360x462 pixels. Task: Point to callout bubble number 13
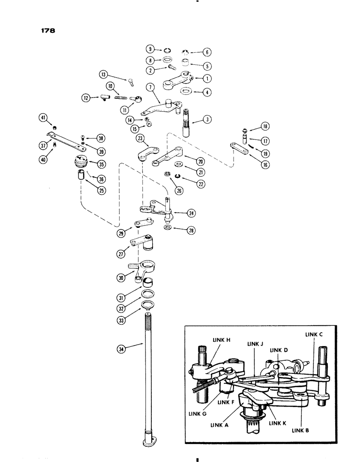point(104,74)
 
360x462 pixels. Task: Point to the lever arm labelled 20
point(168,155)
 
